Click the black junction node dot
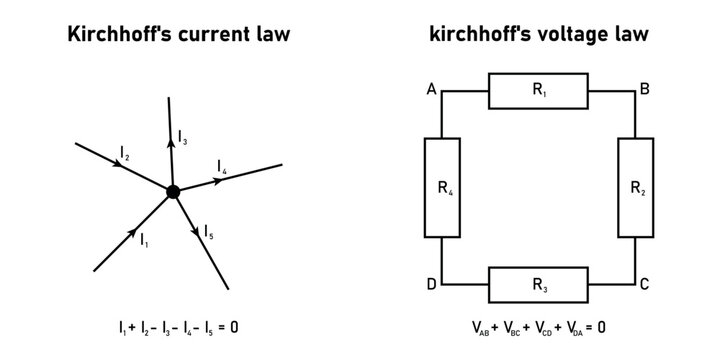point(173,191)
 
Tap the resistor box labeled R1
point(539,91)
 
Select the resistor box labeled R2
point(636,188)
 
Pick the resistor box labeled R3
point(539,285)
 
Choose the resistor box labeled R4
point(442,188)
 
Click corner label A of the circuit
point(431,90)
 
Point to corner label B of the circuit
point(645,90)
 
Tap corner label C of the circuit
point(645,285)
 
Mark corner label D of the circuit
point(431,285)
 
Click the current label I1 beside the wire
point(145,239)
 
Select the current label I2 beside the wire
point(124,153)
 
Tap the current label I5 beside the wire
point(208,231)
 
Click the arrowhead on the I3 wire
point(171,144)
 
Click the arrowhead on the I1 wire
point(134,231)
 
